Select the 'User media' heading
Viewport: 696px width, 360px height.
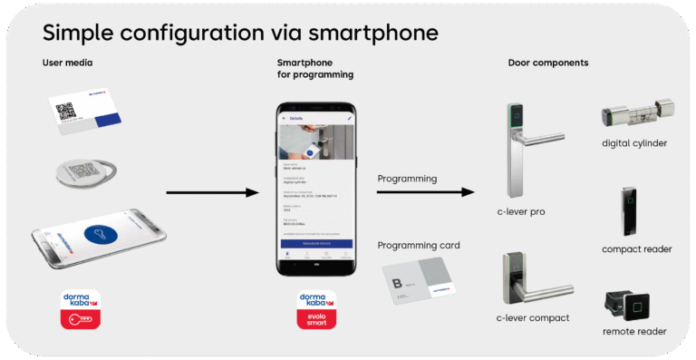(x=67, y=63)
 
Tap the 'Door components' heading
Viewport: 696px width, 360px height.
(x=547, y=63)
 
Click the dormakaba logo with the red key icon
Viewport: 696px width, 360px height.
(x=79, y=308)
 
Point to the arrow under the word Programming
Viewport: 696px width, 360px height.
(x=425, y=192)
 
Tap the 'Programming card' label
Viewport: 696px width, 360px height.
(x=419, y=245)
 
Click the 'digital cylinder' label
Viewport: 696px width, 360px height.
(x=634, y=143)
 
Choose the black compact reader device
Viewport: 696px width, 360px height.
(x=630, y=210)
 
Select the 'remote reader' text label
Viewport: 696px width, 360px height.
(x=633, y=332)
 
